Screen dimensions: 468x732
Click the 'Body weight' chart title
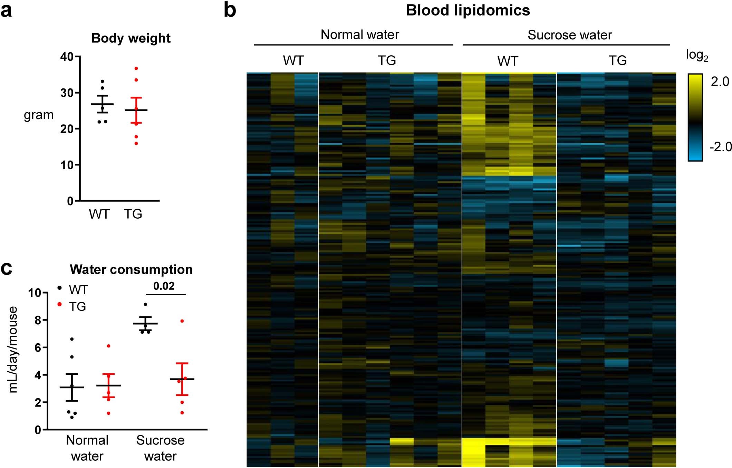click(x=131, y=38)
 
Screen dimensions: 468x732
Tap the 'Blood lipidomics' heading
click(x=468, y=10)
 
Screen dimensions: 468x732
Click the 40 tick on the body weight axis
click(x=67, y=57)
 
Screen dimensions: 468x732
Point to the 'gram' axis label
click(x=39, y=115)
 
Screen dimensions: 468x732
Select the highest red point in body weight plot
click(x=136, y=68)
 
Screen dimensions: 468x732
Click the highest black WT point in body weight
click(x=102, y=82)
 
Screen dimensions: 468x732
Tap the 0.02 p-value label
click(x=164, y=286)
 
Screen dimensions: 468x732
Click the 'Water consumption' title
click(x=131, y=269)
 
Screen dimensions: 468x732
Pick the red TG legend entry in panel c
click(x=72, y=306)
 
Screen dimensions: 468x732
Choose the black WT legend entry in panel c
click(x=73, y=289)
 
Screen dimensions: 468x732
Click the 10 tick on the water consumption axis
click(x=35, y=293)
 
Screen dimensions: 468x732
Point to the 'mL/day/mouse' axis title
click(x=13, y=350)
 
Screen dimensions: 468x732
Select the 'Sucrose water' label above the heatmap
click(x=569, y=35)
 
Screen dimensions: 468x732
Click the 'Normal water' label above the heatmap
click(x=359, y=35)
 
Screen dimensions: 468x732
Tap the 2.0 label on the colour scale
click(x=720, y=82)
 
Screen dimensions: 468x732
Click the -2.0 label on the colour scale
click(x=720, y=147)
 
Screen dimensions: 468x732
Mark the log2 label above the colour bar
click(x=696, y=55)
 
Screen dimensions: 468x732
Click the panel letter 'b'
click(x=230, y=10)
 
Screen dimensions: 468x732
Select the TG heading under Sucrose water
click(x=617, y=60)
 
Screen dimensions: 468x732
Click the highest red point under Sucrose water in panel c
click(x=182, y=321)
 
